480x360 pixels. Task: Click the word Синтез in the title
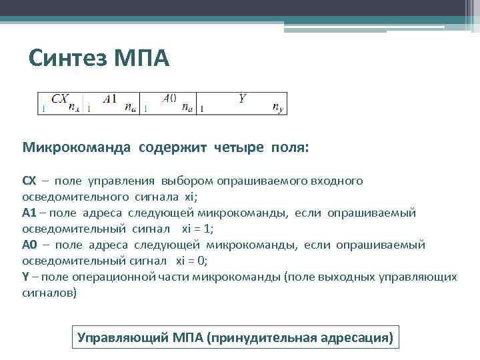(61, 60)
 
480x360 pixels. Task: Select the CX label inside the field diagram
(59, 98)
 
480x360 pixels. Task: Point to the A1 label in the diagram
(110, 98)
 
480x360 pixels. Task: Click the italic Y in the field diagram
(243, 98)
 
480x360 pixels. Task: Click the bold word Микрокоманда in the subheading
(78, 147)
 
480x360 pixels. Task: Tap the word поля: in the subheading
(289, 147)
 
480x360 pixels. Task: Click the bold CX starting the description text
(29, 181)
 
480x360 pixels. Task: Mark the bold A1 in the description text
(30, 213)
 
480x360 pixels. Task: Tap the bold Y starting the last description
(26, 277)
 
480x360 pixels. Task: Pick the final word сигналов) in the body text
(49, 293)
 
